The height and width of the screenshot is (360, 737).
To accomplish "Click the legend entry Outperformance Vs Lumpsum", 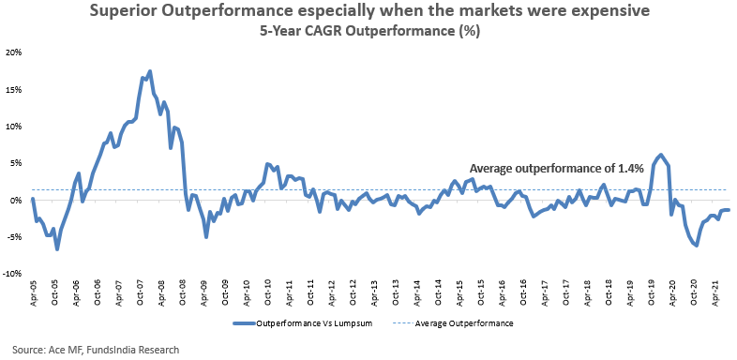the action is [x=302, y=323].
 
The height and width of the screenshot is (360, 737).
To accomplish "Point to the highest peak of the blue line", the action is [x=149, y=71].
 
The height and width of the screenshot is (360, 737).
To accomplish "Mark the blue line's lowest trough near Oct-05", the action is [x=57, y=249].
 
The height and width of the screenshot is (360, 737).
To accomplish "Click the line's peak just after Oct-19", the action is [x=661, y=155].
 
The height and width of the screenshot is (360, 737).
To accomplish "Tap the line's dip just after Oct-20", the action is [x=696, y=246].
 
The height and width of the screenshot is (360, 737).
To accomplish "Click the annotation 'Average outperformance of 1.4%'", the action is [x=557, y=169].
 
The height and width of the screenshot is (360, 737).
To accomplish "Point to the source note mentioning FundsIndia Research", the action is [x=96, y=350].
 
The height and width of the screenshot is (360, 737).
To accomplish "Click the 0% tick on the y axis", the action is [x=17, y=201].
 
